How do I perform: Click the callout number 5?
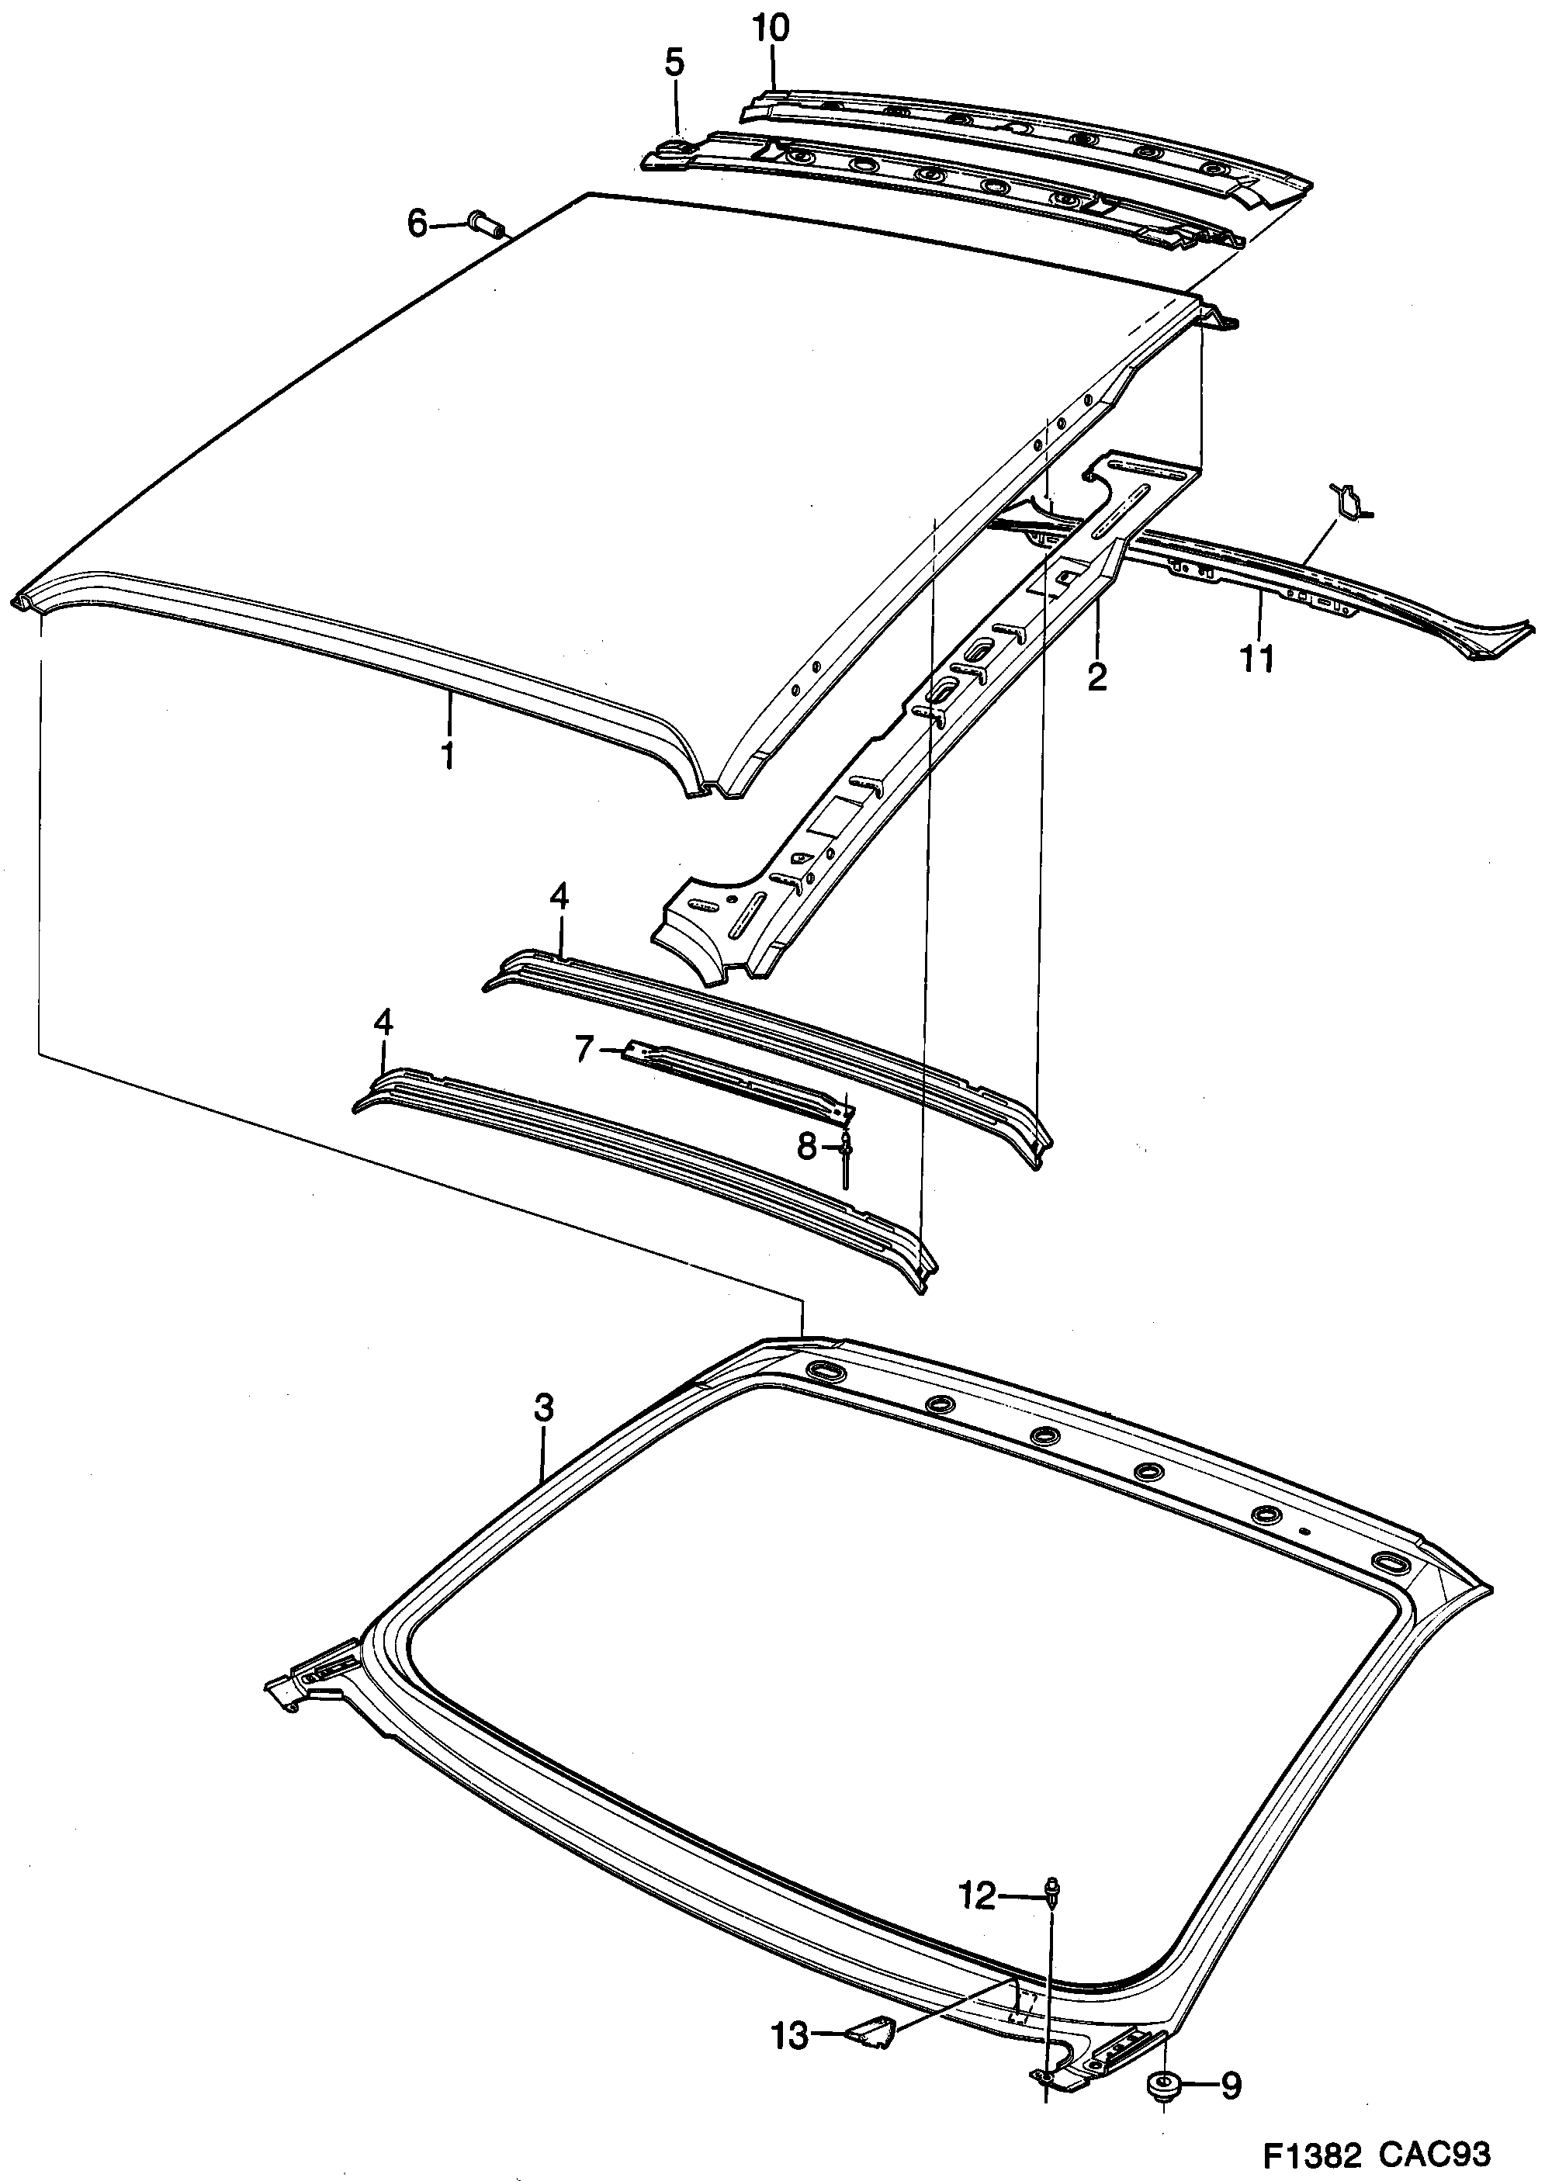[674, 64]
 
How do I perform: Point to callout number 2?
[1097, 677]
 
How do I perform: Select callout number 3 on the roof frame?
[542, 1407]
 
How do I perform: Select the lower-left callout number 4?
[383, 1023]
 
